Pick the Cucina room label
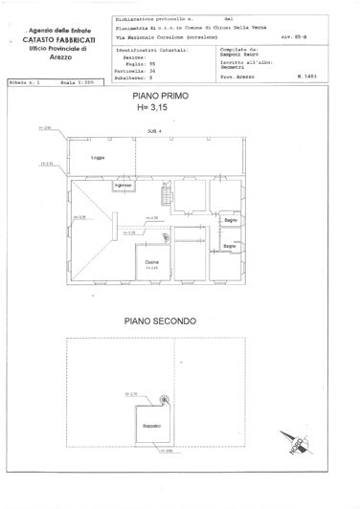point(151,262)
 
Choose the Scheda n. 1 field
point(26,84)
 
